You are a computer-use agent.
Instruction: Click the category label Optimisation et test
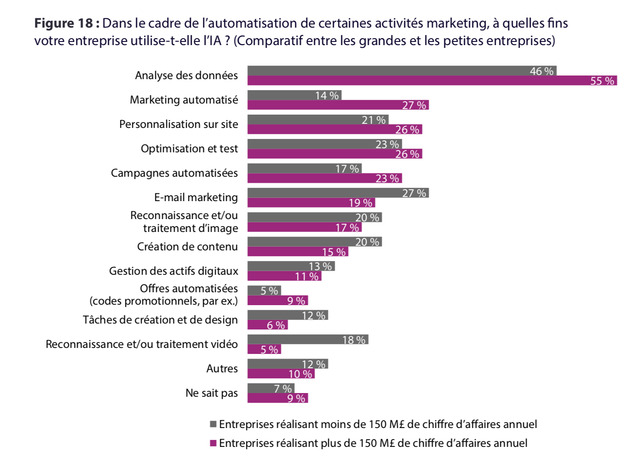pyautogui.click(x=189, y=149)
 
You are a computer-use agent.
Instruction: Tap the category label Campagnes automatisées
pyautogui.click(x=174, y=173)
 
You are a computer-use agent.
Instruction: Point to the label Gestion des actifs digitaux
pyautogui.click(x=173, y=271)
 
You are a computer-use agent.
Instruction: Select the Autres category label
pyautogui.click(x=222, y=369)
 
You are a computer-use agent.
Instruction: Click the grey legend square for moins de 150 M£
pyautogui.click(x=213, y=424)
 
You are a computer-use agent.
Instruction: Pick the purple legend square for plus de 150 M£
pyautogui.click(x=213, y=443)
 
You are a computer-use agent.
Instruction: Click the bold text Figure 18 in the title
pyautogui.click(x=66, y=23)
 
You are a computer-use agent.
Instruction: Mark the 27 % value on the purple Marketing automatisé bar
pyautogui.click(x=414, y=105)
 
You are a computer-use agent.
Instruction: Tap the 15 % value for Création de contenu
pyautogui.click(x=333, y=252)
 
